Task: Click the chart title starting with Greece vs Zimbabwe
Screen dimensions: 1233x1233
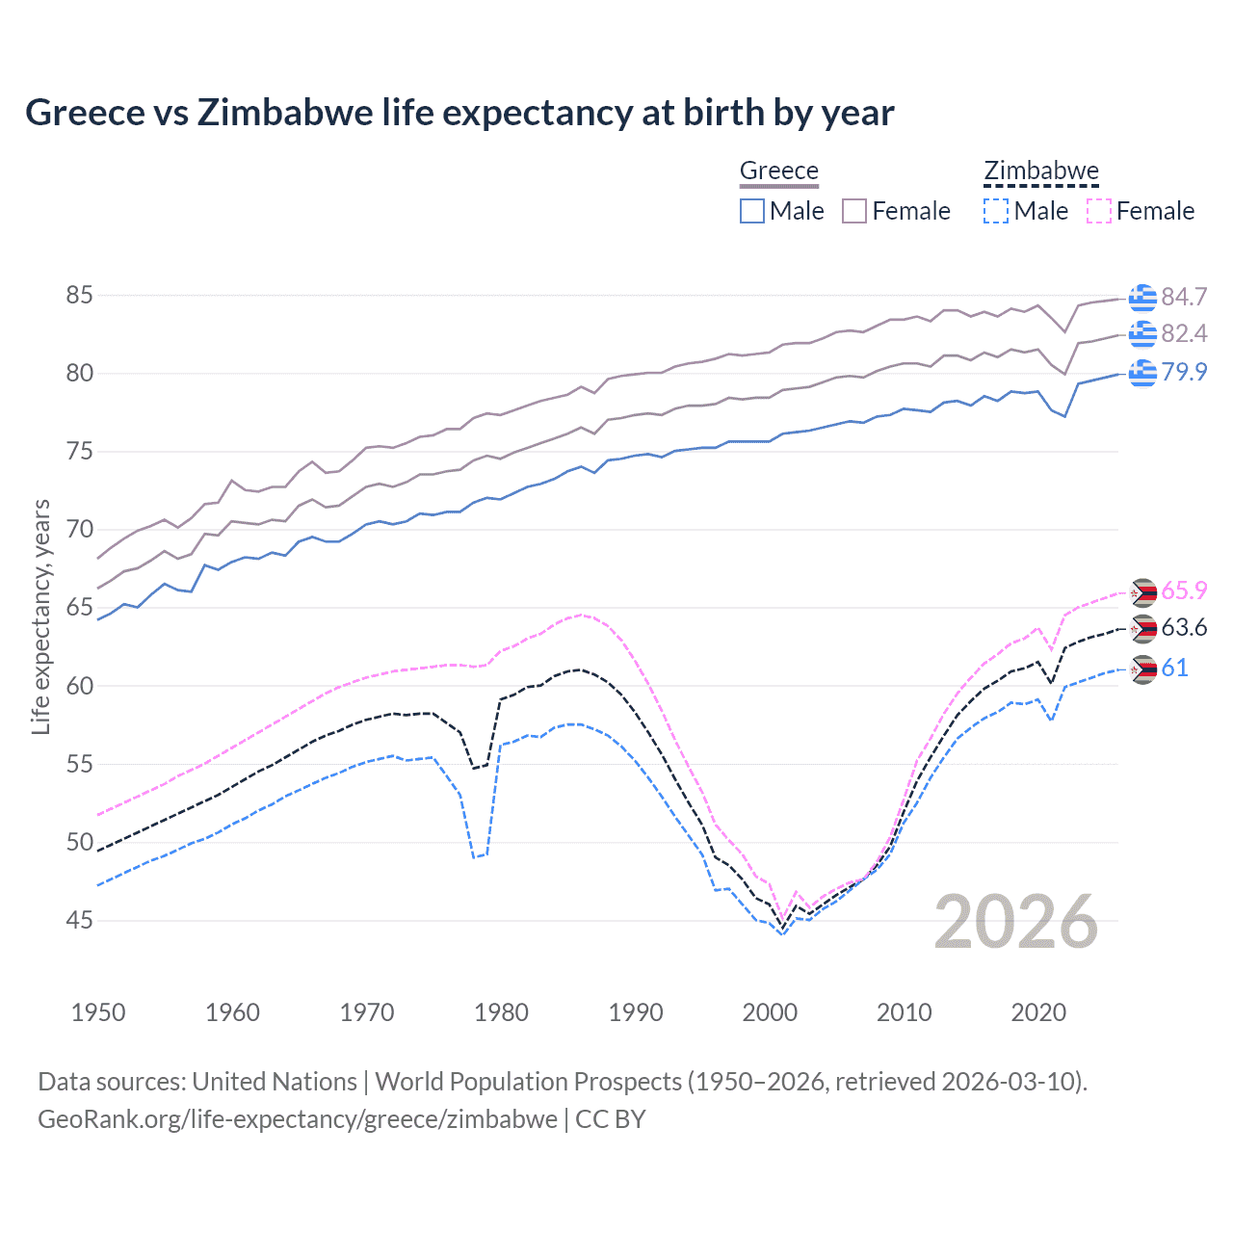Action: [459, 113]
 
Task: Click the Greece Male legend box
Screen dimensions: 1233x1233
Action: [752, 211]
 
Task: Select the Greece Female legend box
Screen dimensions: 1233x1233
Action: [854, 211]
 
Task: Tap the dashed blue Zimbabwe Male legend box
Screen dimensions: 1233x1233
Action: [996, 211]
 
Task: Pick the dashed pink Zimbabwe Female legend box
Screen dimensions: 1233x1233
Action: [1099, 211]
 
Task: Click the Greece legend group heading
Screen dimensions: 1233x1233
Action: [778, 171]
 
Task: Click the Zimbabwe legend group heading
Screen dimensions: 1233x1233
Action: [1040, 171]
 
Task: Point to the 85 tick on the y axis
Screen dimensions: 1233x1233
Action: [80, 296]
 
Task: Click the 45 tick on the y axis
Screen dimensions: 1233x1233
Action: [80, 921]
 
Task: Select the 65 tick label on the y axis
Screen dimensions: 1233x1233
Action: [80, 608]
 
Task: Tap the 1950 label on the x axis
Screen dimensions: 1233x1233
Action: [98, 1012]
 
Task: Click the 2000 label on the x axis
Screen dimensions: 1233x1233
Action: [770, 1012]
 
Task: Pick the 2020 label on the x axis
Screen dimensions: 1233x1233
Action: [1038, 1012]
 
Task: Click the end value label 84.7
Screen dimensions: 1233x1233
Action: [1184, 297]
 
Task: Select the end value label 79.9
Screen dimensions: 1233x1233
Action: [1184, 372]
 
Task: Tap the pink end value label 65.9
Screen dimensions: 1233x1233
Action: [1184, 590]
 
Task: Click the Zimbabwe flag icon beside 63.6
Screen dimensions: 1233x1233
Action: [1142, 629]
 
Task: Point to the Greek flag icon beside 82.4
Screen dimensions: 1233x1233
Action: [1142, 333]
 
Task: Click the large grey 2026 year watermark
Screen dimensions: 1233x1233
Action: [1016, 922]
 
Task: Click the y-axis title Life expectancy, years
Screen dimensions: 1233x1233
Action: [40, 616]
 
